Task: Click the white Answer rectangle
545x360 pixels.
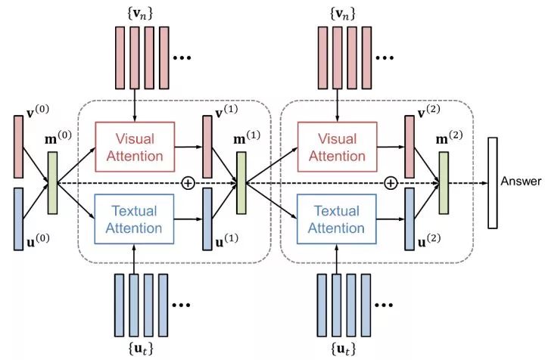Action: [492, 182]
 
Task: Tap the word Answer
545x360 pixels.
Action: [521, 182]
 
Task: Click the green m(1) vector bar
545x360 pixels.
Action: [241, 182]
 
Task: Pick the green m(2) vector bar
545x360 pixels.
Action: [444, 182]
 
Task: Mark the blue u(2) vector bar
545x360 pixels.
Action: [410, 219]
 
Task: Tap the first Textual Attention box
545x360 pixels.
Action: [135, 219]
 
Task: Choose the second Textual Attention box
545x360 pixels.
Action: [338, 219]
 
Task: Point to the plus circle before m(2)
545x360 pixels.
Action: [391, 182]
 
